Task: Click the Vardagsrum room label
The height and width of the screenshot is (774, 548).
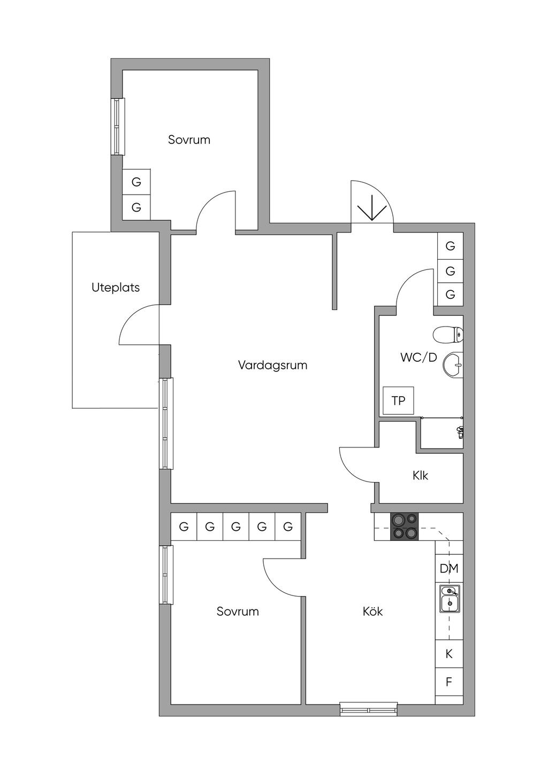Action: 272,365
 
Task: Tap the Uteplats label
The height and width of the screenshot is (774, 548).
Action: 116,288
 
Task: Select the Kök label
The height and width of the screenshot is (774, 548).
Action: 372,612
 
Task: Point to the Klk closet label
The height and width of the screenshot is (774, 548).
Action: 420,476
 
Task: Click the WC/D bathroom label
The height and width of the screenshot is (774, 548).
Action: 418,358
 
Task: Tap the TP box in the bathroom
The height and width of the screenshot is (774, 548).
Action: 398,400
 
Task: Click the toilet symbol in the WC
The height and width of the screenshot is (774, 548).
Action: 448,335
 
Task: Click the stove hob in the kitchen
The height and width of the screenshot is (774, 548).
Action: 405,527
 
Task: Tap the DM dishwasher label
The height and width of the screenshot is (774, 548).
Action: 448,568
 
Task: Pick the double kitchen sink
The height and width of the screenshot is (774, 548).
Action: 450,599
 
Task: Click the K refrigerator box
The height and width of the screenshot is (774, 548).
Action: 449,654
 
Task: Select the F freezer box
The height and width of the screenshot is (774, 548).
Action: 449,682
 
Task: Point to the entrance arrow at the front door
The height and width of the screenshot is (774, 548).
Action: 372,208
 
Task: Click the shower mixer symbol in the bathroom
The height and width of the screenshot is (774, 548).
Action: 460,432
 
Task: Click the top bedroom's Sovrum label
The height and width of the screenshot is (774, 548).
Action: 189,140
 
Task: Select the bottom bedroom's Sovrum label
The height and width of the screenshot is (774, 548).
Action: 238,612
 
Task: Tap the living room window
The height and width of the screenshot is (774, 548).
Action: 166,423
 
